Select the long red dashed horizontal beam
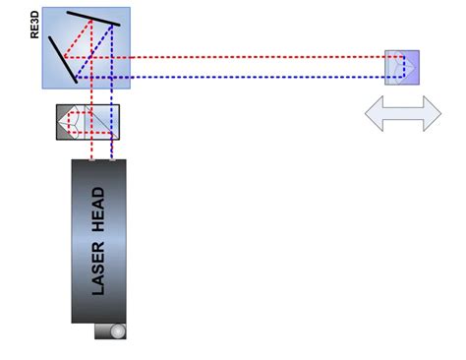click(246, 57)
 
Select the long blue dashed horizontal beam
click(246, 76)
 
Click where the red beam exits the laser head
click(90, 159)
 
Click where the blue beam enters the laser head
click(113, 159)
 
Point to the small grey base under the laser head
click(110, 331)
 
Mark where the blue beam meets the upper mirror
click(112, 23)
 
